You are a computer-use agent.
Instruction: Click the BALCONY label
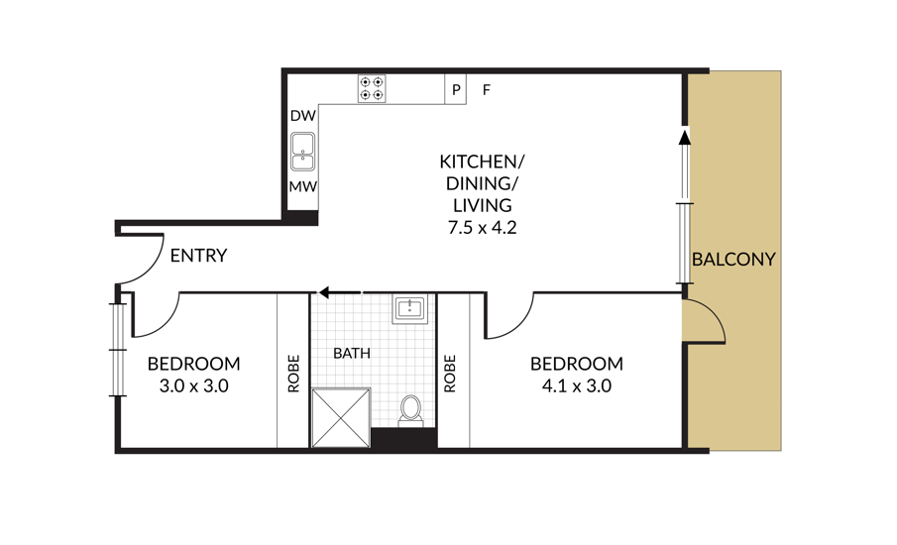(x=733, y=260)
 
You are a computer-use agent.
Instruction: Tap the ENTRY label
(x=198, y=256)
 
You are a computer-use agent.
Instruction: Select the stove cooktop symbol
(x=372, y=89)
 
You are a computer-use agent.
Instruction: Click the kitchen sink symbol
(x=302, y=154)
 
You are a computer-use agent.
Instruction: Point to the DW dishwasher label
(x=302, y=116)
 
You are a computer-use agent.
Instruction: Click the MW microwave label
(x=302, y=187)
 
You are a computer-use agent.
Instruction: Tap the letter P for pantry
(x=456, y=90)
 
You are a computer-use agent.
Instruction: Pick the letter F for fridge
(x=486, y=90)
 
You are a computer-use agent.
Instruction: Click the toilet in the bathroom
(x=410, y=409)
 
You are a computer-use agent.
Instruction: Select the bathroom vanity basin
(x=409, y=309)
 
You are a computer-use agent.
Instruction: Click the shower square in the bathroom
(x=340, y=418)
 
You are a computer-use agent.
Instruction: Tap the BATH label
(x=352, y=353)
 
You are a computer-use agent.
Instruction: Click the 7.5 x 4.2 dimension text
(x=483, y=228)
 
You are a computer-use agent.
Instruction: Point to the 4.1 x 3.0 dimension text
(x=576, y=385)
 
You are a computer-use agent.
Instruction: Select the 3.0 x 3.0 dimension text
(x=193, y=385)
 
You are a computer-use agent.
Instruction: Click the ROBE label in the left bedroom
(x=293, y=375)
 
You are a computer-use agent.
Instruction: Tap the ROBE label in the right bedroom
(x=450, y=375)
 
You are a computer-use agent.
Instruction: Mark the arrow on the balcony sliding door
(x=684, y=140)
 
